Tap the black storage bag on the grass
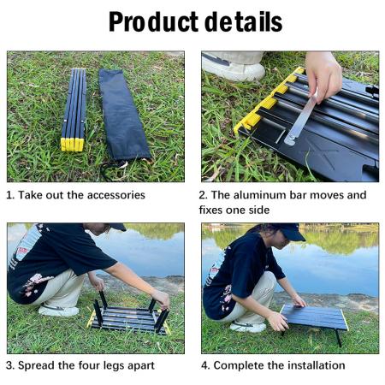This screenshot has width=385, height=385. [124, 115]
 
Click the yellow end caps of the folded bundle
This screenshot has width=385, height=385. [73, 144]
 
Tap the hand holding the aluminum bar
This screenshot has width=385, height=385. [323, 73]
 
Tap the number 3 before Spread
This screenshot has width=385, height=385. [10, 365]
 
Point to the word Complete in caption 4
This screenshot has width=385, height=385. [240, 365]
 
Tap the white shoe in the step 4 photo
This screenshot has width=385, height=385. [248, 326]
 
